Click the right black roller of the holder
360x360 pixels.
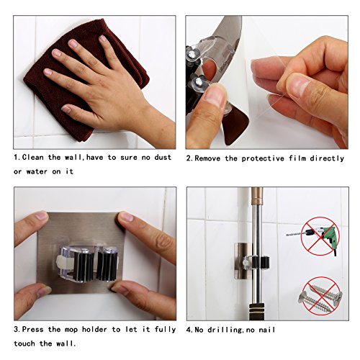tap(109, 263)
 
